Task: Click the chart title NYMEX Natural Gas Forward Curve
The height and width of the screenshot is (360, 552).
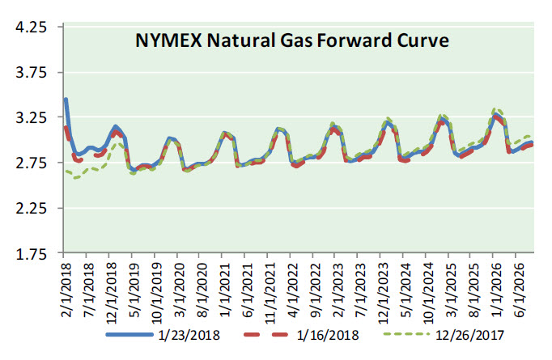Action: tap(291, 40)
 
